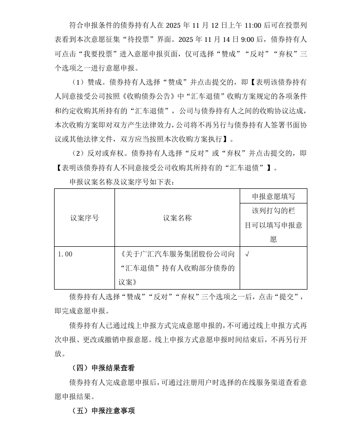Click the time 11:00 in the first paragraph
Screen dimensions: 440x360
(x=253, y=23)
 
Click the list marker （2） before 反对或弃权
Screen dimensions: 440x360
(x=77, y=153)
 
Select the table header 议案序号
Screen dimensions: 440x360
(x=84, y=218)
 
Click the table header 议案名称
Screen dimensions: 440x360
(x=177, y=218)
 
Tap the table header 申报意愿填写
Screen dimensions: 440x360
(x=273, y=196)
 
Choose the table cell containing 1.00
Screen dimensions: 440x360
(x=65, y=254)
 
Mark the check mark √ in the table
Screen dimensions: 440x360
(x=247, y=254)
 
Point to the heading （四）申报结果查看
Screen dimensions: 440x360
(x=103, y=368)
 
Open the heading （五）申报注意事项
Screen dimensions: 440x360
(x=103, y=411)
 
